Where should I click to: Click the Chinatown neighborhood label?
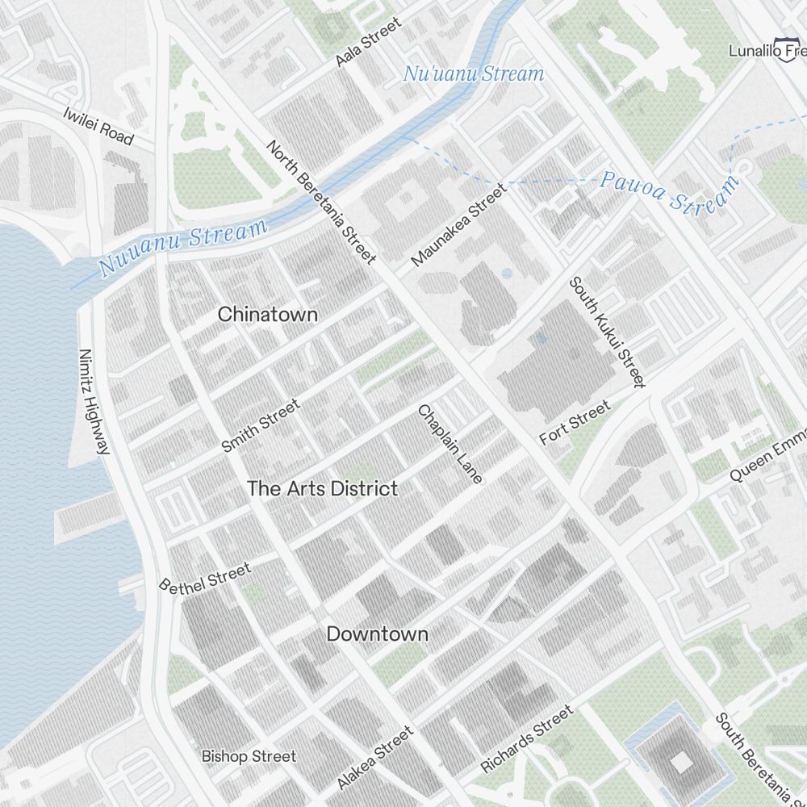pos(268,315)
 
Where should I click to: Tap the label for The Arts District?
pos(322,488)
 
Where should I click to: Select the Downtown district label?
pos(377,633)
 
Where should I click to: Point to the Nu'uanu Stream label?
pos(474,74)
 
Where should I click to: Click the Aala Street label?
pos(368,42)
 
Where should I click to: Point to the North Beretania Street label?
pos(321,202)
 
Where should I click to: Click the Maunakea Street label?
pos(459,225)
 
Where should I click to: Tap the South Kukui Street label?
pos(608,332)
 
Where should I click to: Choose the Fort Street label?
pos(575,424)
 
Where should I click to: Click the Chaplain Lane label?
pos(450,444)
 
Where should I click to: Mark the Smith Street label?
pos(260,425)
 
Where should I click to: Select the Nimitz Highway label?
pos(94,401)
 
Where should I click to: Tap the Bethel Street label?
pos(205,578)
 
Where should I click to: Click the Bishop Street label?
pos(249,756)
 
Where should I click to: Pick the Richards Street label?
pos(527,738)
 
